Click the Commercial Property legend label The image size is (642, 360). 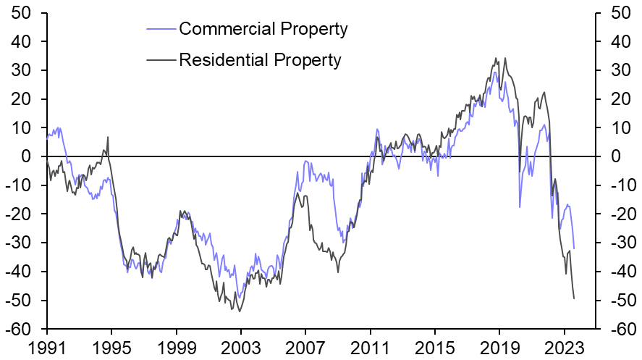click(x=263, y=29)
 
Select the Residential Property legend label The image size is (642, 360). click(x=260, y=59)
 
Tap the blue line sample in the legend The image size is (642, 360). click(x=161, y=30)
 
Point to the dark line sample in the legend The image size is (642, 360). click(x=161, y=60)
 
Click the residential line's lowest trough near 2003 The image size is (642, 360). click(x=239, y=311)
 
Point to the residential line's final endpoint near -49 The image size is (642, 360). click(x=574, y=298)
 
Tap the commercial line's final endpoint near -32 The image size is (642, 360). click(x=574, y=248)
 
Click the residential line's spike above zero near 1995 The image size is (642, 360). click(x=108, y=137)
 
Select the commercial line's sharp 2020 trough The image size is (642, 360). click(x=520, y=207)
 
